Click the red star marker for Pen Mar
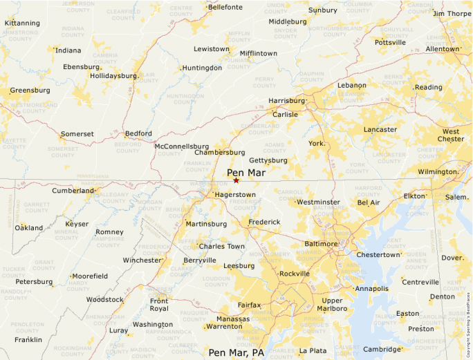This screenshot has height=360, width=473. click(236, 180)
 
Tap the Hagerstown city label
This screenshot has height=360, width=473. click(234, 195)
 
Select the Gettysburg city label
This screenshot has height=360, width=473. click(268, 160)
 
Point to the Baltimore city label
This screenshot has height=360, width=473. click(321, 244)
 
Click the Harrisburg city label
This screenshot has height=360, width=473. click(286, 101)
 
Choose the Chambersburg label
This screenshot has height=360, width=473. click(219, 152)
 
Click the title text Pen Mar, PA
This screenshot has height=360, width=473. click(236, 352)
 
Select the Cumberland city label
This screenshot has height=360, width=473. click(73, 190)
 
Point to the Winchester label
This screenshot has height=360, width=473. click(142, 260)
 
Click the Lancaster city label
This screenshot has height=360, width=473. click(380, 129)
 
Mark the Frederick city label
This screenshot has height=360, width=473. click(264, 222)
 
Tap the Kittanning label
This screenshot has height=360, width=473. click(22, 23)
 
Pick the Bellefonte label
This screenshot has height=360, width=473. click(225, 8)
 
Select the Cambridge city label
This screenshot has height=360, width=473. click(382, 349)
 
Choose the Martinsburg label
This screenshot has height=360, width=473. click(206, 224)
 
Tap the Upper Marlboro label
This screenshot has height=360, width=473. click(332, 305)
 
